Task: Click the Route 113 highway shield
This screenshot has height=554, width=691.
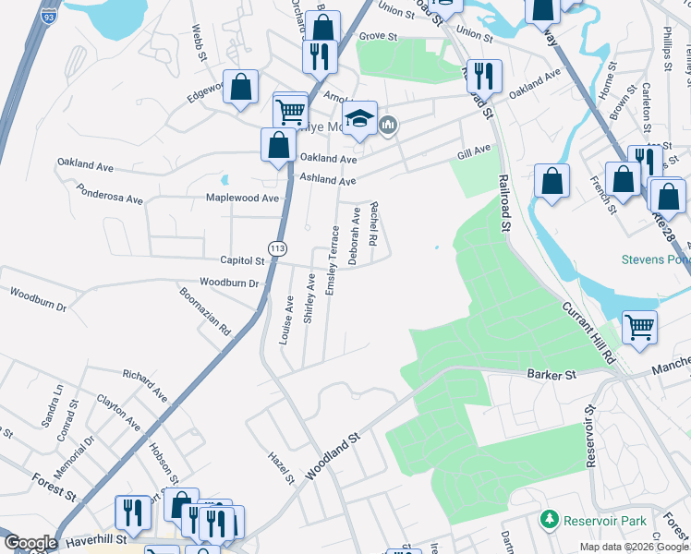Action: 276,248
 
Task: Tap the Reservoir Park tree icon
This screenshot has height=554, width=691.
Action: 550,521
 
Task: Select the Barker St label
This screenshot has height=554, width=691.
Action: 552,375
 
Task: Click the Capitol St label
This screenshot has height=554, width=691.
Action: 242,261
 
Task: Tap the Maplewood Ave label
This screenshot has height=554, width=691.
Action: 242,198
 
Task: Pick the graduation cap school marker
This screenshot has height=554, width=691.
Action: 359,118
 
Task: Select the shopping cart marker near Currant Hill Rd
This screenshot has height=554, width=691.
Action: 639,327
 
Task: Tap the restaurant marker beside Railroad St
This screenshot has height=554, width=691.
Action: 484,75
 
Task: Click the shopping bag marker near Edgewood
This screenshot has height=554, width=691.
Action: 240,88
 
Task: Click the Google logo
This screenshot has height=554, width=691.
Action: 30,543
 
